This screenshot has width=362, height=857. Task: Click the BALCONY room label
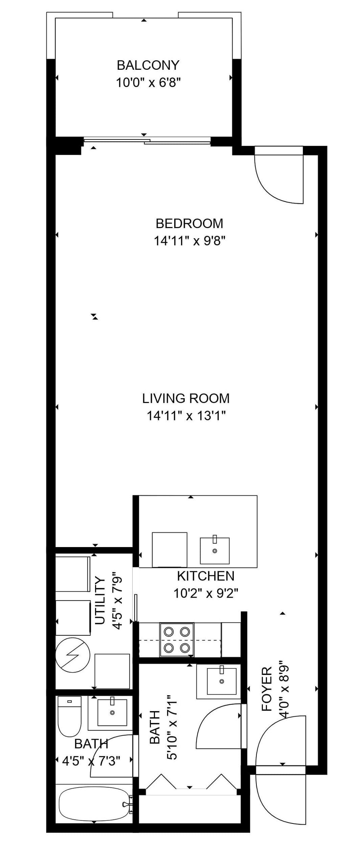148,65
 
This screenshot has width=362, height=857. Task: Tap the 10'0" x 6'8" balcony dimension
148,82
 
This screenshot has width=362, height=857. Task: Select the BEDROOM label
189,223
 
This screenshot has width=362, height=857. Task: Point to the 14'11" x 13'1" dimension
186,415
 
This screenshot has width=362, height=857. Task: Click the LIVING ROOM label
186,398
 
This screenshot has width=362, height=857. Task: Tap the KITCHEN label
206,576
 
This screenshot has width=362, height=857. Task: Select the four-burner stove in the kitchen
177,639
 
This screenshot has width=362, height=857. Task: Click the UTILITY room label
100,600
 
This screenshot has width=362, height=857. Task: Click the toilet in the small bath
69,716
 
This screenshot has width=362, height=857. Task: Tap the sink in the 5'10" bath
221,681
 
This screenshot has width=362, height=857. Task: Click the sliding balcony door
147,141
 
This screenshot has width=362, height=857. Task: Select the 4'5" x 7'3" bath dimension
91,761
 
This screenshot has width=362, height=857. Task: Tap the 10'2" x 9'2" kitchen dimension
206,593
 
